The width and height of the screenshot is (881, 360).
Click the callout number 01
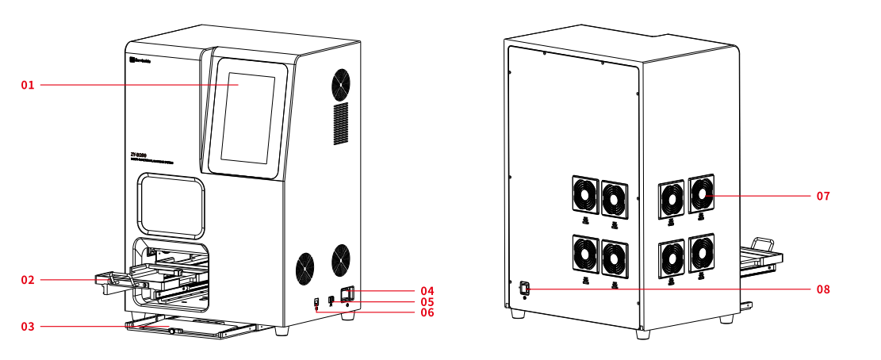tap(28, 85)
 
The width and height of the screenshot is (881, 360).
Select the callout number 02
tap(28, 280)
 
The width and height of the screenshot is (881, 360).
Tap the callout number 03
tap(28, 326)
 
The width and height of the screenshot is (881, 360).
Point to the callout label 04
tap(427, 291)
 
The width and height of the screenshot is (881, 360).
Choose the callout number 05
tap(427, 302)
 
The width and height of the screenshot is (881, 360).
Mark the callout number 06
tap(427, 313)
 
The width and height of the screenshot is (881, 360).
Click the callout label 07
tap(823, 195)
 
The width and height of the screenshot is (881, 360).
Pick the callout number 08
tap(823, 289)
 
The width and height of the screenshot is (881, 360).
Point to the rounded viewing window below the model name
tap(170, 206)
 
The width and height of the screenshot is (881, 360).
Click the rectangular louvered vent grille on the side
tap(339, 123)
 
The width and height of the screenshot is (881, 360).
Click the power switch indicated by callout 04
tap(347, 294)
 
